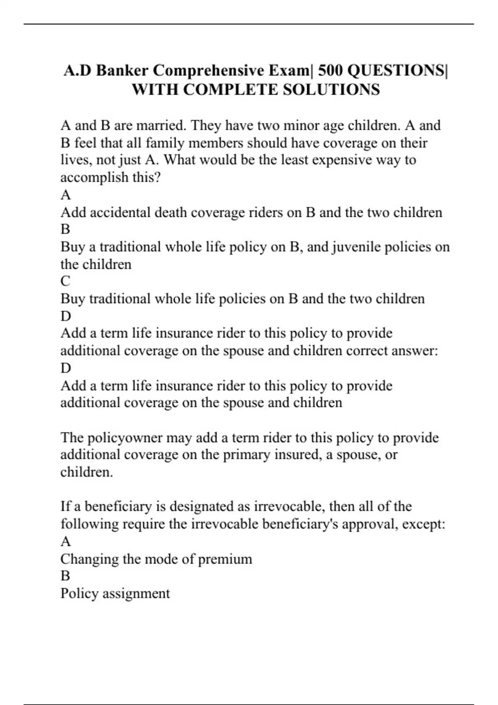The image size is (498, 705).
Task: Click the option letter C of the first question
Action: click(66, 281)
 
